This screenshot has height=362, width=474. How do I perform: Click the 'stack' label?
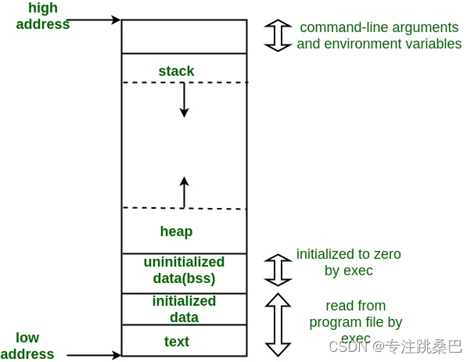[x=176, y=71]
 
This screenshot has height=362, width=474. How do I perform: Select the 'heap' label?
[x=176, y=231]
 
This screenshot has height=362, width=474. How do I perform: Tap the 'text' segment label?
[x=177, y=342]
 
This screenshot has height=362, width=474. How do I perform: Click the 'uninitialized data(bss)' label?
[x=184, y=270]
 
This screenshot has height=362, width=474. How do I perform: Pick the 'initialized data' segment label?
[x=184, y=309]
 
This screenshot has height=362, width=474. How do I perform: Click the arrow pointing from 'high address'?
[x=94, y=20]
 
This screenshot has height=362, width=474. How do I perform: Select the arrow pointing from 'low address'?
[x=94, y=355]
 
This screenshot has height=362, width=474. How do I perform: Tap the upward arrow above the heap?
[x=184, y=192]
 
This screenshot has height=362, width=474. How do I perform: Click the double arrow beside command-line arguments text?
[x=278, y=35]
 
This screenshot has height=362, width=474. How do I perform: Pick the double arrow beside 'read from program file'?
[x=278, y=324]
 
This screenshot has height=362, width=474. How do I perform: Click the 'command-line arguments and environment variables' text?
[x=379, y=35]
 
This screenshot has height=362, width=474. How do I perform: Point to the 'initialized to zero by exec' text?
[x=348, y=262]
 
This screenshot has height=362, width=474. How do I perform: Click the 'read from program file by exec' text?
[x=356, y=321]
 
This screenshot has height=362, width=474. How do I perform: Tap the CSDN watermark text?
[x=395, y=346]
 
